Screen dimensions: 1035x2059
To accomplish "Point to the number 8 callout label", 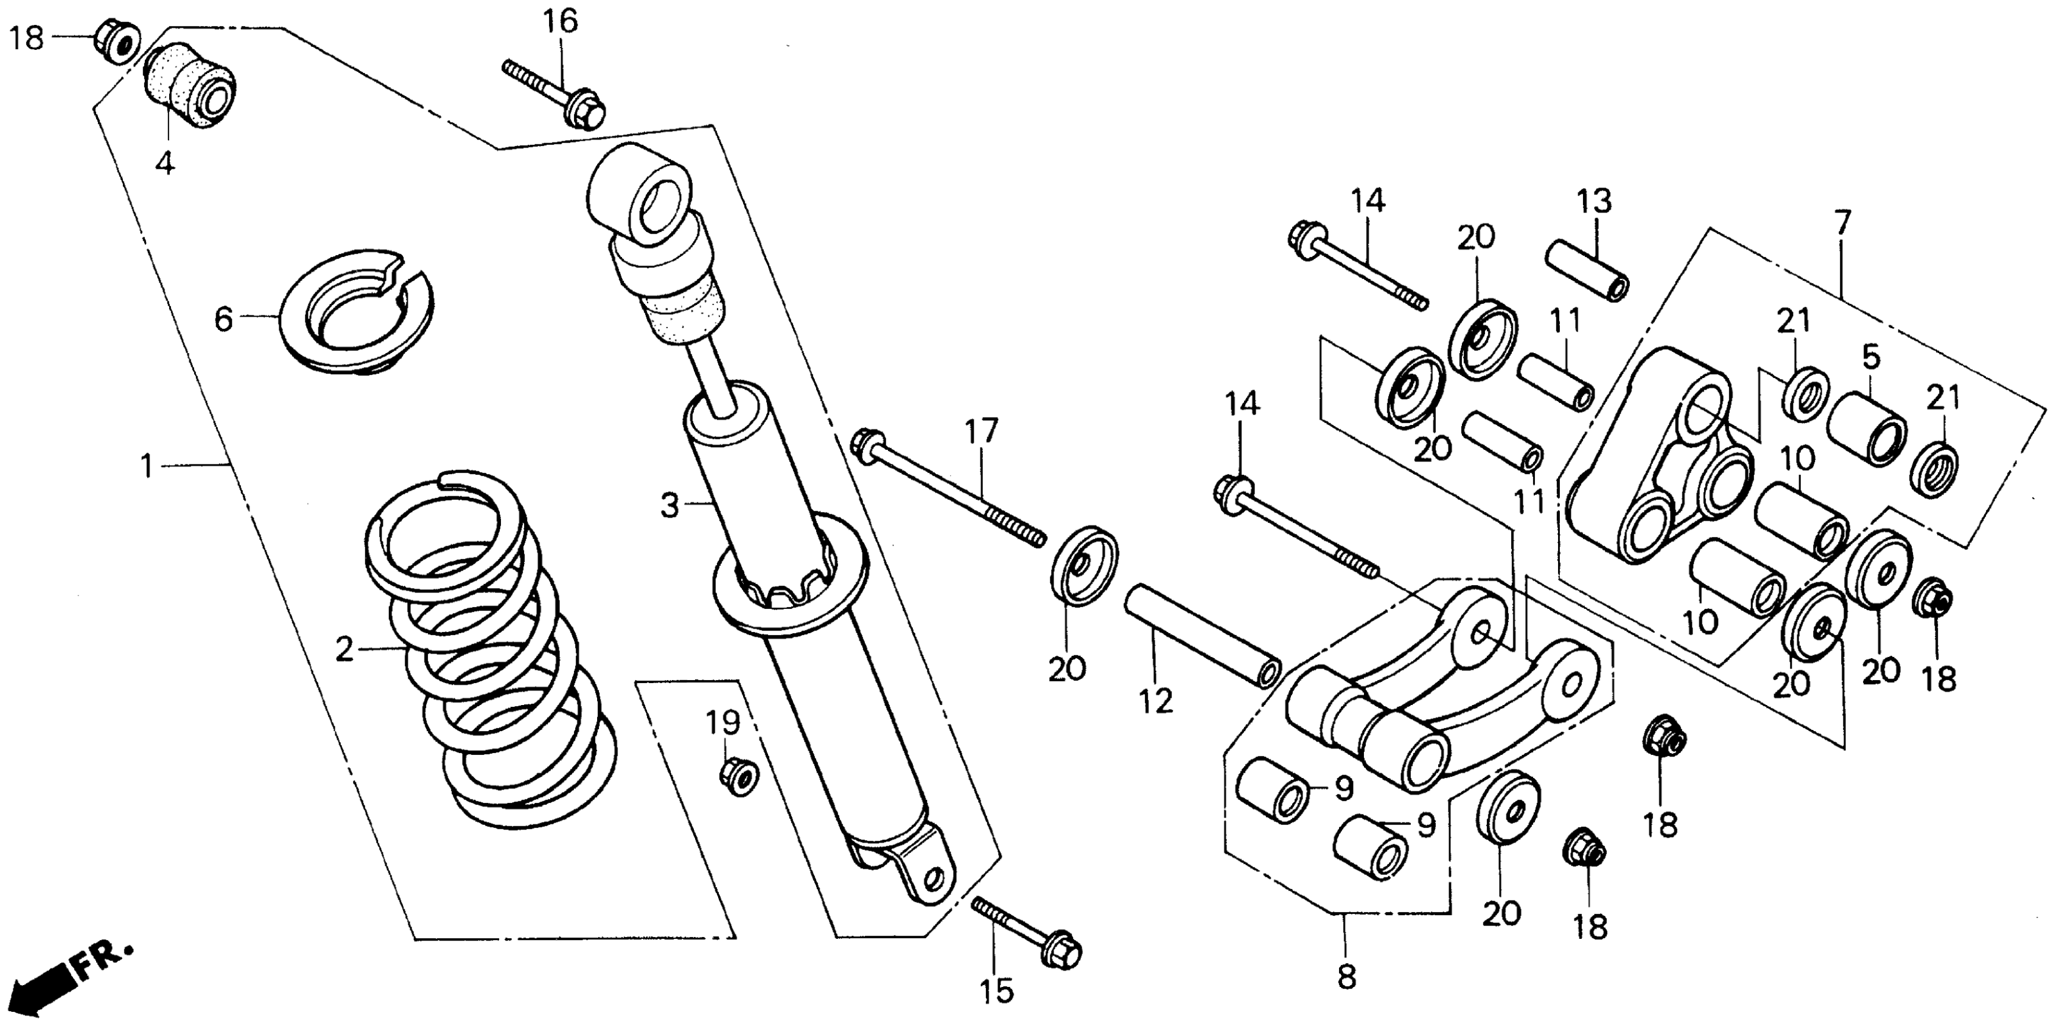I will pos(1346,977).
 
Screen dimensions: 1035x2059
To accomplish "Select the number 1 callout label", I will pos(146,465).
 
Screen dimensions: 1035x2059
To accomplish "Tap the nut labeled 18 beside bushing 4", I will pos(117,41).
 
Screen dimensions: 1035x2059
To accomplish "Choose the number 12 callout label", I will pos(1156,701).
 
